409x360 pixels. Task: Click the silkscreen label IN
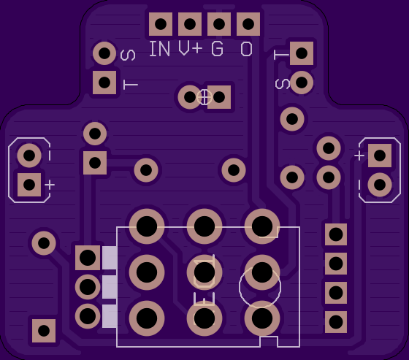(x=160, y=49)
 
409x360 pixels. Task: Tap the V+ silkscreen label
(x=191, y=49)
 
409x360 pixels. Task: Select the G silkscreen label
(x=218, y=49)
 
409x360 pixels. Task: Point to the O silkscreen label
(x=247, y=49)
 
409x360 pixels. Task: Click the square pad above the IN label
(x=161, y=24)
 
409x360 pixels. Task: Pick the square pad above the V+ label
(x=190, y=24)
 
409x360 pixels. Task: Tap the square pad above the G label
(x=219, y=24)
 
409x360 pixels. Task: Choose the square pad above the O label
(x=248, y=24)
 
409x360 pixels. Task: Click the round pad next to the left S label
(x=104, y=53)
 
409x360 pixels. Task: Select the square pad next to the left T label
(x=104, y=83)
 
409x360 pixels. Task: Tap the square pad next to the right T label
(x=302, y=53)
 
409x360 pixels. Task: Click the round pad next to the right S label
(x=302, y=83)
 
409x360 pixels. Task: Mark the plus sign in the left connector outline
(x=50, y=185)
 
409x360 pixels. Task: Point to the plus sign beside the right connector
(x=359, y=156)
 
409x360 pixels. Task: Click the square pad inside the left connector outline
(x=29, y=185)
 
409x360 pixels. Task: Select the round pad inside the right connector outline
(x=380, y=185)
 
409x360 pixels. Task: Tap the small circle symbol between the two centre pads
(x=204, y=97)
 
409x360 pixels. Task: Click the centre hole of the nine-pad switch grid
(x=204, y=272)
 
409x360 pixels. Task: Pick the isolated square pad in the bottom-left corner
(x=44, y=331)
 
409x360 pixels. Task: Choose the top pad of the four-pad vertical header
(x=336, y=234)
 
